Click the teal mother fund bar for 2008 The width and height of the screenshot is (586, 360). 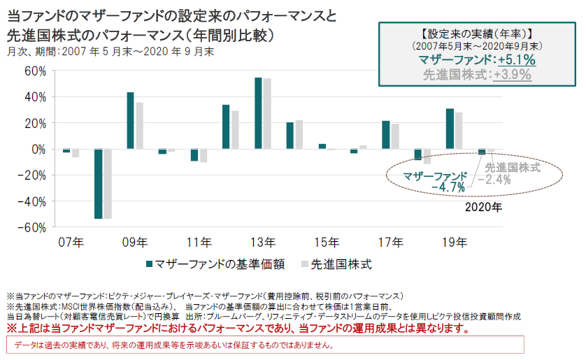click(x=99, y=184)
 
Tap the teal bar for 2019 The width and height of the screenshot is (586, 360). click(x=450, y=129)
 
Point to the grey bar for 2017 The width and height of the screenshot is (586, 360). click(x=395, y=136)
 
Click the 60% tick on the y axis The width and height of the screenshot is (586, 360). click(x=34, y=71)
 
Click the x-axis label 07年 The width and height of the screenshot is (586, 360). click(x=71, y=243)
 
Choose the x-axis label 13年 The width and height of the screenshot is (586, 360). click(x=263, y=243)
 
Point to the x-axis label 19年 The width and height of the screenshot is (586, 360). click(x=455, y=243)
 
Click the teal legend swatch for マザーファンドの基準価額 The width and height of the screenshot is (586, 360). click(x=149, y=264)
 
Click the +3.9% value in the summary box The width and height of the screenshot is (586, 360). click(x=512, y=74)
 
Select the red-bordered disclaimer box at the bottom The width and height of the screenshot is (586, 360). click(x=265, y=345)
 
